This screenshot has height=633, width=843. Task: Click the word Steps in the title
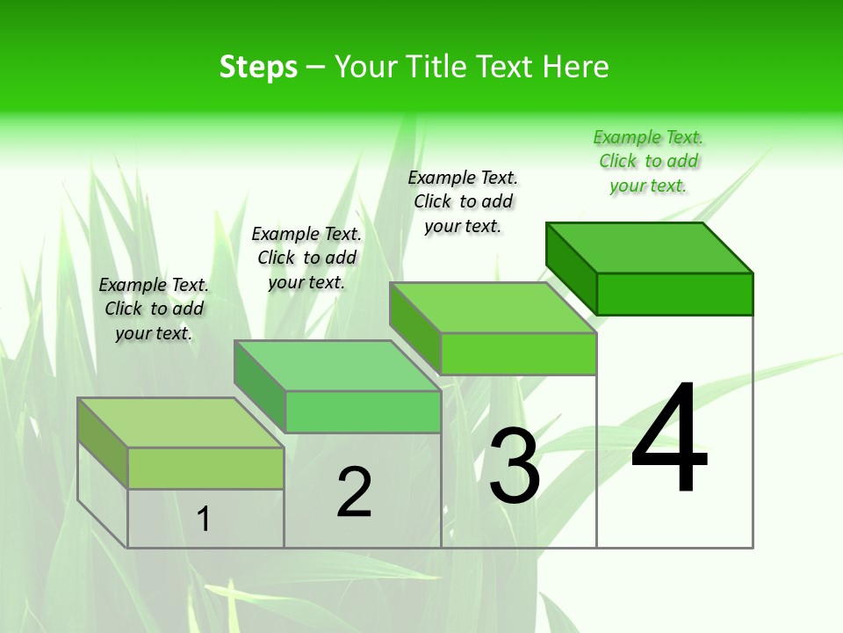258,67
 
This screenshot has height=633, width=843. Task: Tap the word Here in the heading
575,67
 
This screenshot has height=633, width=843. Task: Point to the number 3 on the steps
514,465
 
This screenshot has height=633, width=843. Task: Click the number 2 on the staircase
354,491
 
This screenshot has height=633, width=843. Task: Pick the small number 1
203,519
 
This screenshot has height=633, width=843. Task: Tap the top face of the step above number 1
180,422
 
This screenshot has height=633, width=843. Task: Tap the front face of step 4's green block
674,294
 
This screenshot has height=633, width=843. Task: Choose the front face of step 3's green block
518,353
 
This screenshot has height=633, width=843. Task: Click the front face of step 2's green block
363,412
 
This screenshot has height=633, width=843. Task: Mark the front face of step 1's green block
205,468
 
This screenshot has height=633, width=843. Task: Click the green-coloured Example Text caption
648,161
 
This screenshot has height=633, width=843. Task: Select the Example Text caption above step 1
154,309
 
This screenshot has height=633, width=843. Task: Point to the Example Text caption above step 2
306,258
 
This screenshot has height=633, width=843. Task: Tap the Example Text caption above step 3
463,201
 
